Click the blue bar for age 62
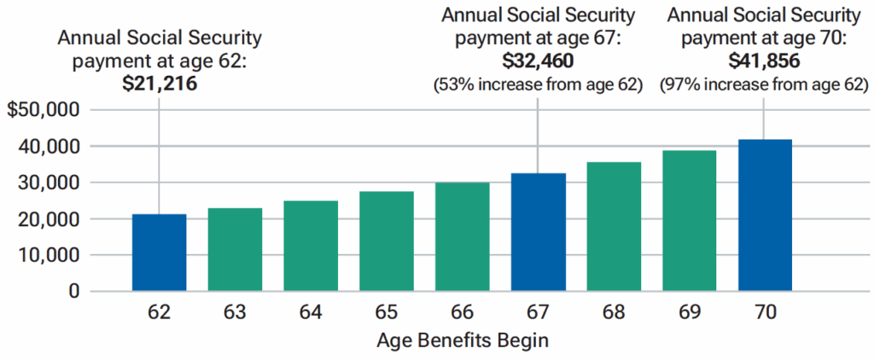click(x=160, y=253)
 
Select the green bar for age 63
click(x=235, y=249)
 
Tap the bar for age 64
click(x=311, y=246)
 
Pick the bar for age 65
click(x=387, y=241)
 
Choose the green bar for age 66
click(x=462, y=236)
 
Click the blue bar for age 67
click(x=538, y=232)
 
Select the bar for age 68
click(x=614, y=226)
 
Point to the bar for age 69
click(x=689, y=221)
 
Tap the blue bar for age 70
click(x=765, y=215)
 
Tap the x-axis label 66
click(x=462, y=313)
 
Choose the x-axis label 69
click(x=689, y=313)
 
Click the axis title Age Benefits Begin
click(x=462, y=340)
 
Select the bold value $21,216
click(x=160, y=84)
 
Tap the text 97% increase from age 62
click(x=764, y=85)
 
